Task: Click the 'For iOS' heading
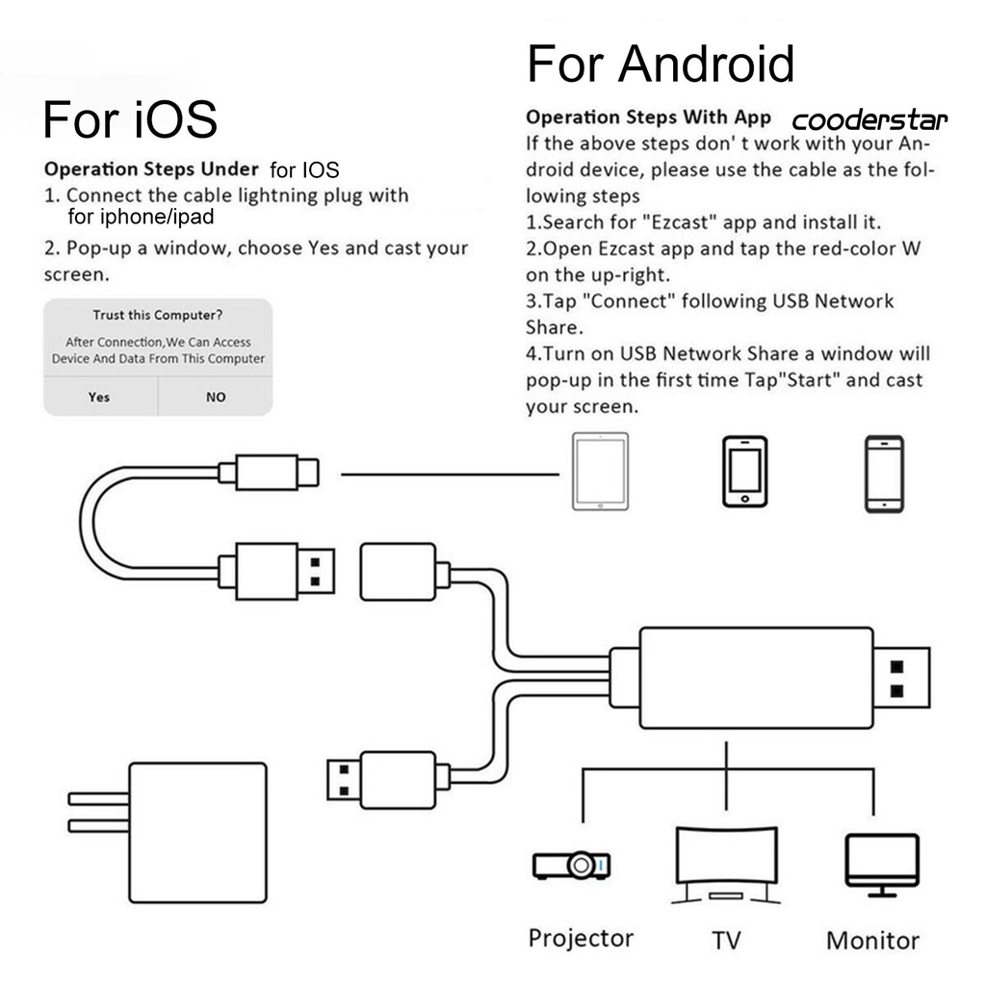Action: (130, 120)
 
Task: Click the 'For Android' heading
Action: (661, 65)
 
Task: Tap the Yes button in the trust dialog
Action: (99, 397)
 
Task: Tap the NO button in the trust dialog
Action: (216, 397)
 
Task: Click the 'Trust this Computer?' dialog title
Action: (158, 315)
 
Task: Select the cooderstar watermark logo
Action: (869, 120)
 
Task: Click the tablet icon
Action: (600, 472)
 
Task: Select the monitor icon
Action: (881, 862)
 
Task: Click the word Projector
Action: (581, 938)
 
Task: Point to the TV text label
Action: (726, 940)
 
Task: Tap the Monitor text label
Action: (872, 940)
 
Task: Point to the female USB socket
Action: (398, 576)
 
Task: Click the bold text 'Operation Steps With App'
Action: (648, 117)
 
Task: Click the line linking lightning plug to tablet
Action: (450, 474)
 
